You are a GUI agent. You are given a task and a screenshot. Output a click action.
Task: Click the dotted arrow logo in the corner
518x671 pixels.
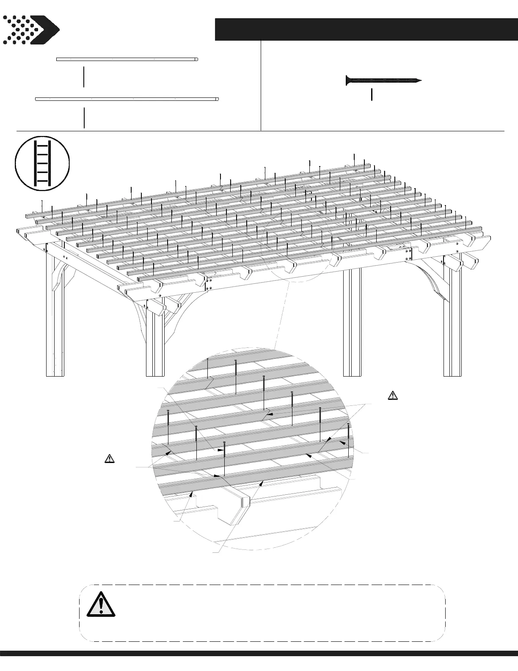point(30,30)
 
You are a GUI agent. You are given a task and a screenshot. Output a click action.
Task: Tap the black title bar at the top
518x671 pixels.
point(366,29)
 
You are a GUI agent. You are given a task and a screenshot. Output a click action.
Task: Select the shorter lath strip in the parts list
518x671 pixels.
point(127,59)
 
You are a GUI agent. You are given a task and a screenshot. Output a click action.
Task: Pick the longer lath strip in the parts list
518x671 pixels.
point(127,99)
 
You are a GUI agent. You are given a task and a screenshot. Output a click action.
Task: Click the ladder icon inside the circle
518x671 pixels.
point(42,163)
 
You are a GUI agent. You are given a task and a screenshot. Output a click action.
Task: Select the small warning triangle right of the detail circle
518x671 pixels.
point(393,396)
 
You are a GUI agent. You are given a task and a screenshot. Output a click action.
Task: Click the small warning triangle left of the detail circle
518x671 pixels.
point(109,458)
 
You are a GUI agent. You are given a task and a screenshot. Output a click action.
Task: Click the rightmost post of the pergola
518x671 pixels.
point(452,322)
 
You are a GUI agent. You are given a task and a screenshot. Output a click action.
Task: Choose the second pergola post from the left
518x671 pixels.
point(155,339)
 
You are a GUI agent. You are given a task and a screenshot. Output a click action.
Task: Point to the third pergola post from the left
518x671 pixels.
point(352,322)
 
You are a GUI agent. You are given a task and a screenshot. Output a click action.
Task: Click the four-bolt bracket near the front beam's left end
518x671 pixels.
point(208,284)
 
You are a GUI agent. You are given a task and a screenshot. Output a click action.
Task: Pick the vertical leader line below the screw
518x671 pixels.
point(372,94)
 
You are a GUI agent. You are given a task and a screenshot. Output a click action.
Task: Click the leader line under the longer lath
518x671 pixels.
point(84,118)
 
